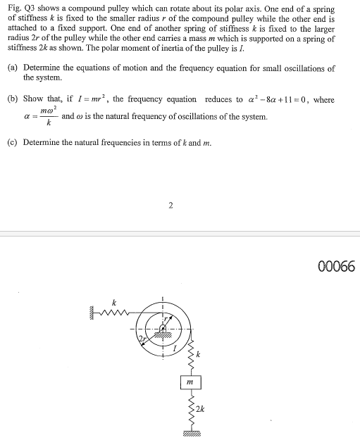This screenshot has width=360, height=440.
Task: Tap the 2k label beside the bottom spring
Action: (x=201, y=408)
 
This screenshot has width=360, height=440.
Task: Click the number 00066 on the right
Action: (x=337, y=268)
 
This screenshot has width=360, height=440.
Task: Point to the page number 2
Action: (x=170, y=206)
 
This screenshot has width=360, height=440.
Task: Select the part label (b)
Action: (x=13, y=99)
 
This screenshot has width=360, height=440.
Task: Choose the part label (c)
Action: (x=13, y=142)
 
